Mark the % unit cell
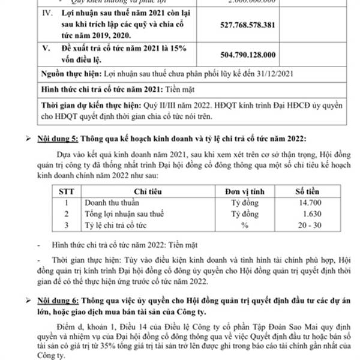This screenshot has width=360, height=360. point(244,224)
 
